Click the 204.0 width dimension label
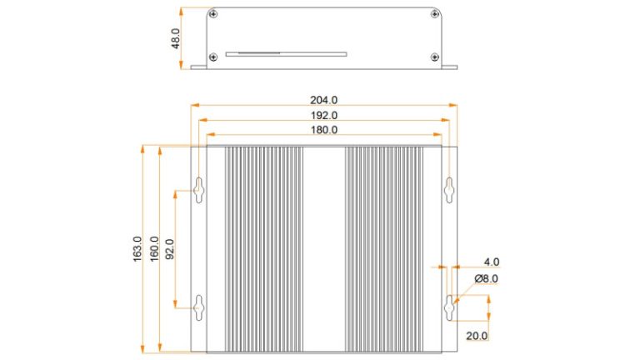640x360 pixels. pos(324,100)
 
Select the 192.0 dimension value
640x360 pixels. pos(324,115)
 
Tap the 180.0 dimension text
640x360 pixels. pos(324,130)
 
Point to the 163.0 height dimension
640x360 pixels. pos(137,248)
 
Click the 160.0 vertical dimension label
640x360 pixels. pos(153,248)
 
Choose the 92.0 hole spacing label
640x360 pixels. pos(169,248)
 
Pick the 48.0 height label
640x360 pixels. pos(176,38)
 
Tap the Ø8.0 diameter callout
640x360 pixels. pos(486,278)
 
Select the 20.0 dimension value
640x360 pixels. pos(477,336)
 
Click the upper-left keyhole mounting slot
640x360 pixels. pos(199,189)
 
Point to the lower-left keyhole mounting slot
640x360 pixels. pos(199,307)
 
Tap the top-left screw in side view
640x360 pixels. pos(214,14)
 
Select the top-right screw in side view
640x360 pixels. pos(434,14)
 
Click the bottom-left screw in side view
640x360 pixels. pos(214,57)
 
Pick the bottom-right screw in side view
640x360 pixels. pos(434,57)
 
